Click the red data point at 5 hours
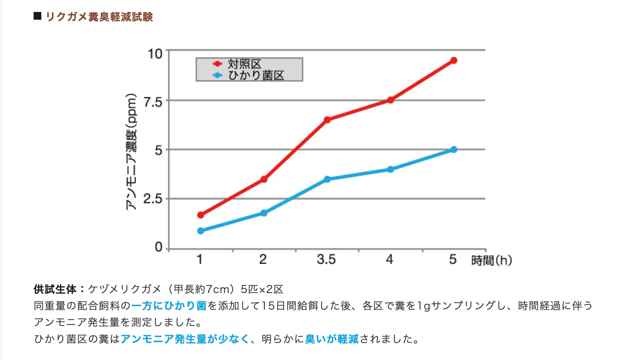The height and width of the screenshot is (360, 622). coord(453,60)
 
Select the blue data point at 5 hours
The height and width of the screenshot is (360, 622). coord(453,150)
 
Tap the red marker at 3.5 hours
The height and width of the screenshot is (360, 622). coord(327,120)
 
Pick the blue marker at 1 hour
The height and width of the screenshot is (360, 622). coord(201,231)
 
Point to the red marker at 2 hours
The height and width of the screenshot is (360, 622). coord(264,179)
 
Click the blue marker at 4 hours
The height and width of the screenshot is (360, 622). coord(390,169)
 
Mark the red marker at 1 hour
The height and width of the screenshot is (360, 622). coord(201,215)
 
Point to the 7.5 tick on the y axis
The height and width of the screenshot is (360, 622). coord(153,102)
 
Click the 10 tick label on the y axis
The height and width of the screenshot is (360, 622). coord(155,54)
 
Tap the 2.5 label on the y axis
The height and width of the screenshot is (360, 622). coord(153,199)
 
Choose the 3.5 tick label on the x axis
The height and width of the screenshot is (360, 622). coord(326,259)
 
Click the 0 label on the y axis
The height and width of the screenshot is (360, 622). coord(159,247)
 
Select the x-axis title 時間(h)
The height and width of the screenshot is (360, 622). coord(492,260)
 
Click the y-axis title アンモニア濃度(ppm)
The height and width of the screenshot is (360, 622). coord(131,152)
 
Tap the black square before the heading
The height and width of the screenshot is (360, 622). coord(37,16)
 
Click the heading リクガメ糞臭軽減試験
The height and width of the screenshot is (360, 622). coord(99,16)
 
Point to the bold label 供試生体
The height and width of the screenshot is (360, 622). coord(55,289)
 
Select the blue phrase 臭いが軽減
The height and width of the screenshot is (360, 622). coord(332,339)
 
